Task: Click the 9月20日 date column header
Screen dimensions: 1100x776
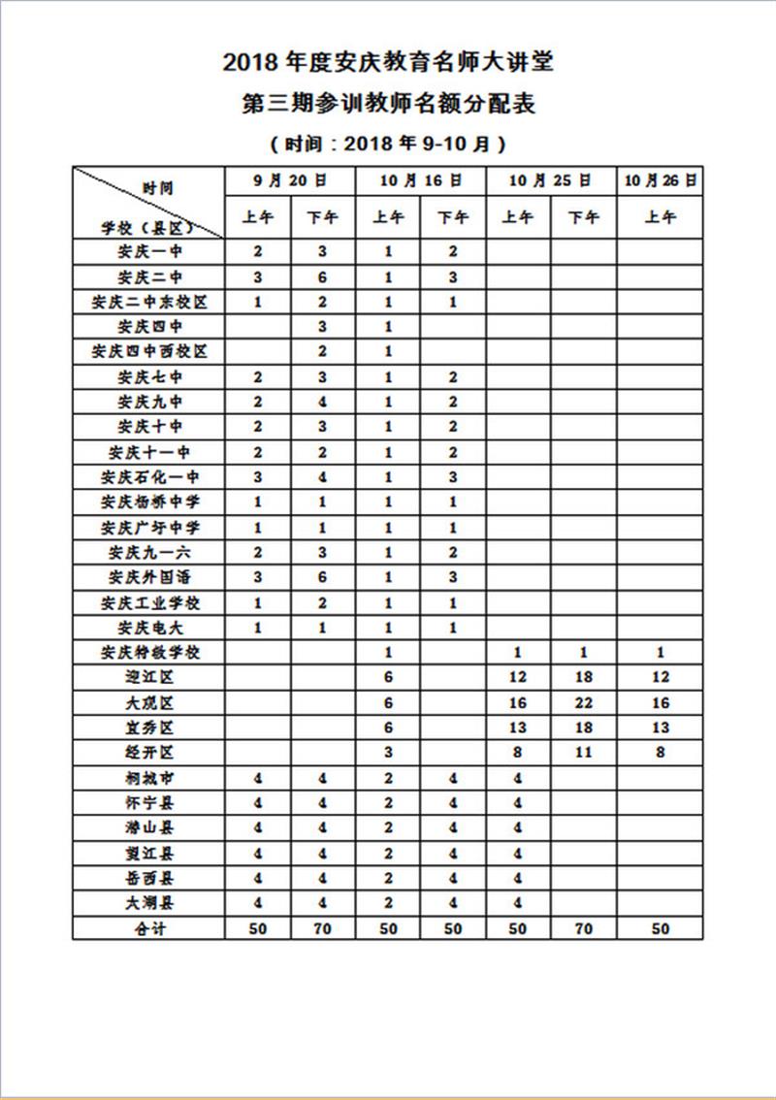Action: [290, 180]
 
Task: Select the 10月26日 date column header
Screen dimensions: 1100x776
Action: [661, 180]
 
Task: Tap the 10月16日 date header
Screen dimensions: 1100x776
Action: [420, 180]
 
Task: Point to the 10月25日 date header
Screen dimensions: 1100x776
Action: [550, 180]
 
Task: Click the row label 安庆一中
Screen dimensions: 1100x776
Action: [148, 251]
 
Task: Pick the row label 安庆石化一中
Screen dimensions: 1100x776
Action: [148, 477]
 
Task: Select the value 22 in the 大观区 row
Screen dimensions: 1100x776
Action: [582, 702]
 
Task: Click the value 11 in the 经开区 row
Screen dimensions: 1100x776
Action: [582, 752]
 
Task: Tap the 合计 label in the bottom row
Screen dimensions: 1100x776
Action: [148, 928]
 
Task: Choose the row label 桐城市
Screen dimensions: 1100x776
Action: [148, 777]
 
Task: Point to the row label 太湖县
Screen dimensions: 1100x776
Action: [148, 903]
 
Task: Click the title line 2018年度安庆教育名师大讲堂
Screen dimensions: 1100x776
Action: [388, 63]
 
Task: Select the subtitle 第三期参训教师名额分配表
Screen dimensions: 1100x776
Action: [388, 104]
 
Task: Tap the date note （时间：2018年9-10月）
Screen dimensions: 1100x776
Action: [388, 144]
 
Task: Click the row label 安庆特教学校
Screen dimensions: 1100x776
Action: [148, 652]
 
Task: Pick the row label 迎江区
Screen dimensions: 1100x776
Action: [148, 677]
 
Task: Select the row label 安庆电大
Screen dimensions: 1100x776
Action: [148, 628]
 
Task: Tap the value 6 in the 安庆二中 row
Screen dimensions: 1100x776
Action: [322, 276]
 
